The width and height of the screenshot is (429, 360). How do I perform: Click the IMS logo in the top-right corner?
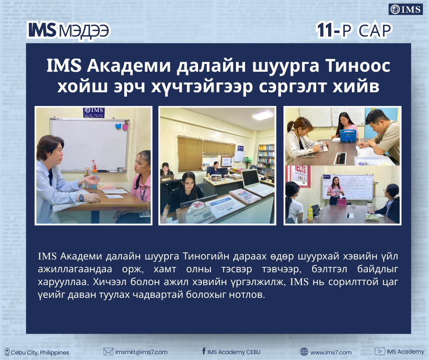(x=405, y=10)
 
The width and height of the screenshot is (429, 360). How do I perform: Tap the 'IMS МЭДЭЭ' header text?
(x=68, y=30)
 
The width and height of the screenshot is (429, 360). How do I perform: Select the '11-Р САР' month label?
(x=354, y=30)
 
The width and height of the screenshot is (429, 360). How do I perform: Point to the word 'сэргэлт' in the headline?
(x=293, y=87)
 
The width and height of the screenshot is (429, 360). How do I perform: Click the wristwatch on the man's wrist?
(x=81, y=197)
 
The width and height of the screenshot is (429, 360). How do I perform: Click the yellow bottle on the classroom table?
(x=310, y=214)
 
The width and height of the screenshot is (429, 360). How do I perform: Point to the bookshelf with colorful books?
(x=266, y=159)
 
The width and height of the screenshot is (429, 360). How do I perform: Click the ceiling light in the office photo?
(x=263, y=115)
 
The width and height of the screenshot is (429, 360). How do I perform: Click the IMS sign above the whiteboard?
(x=94, y=112)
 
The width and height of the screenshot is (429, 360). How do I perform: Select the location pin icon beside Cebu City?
(x=7, y=352)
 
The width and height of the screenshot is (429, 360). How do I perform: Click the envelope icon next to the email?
(x=108, y=351)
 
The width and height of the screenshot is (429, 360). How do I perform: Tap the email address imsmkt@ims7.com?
(x=141, y=352)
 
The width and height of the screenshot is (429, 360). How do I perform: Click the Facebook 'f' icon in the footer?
(x=204, y=351)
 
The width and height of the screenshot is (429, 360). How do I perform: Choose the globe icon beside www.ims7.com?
(x=304, y=351)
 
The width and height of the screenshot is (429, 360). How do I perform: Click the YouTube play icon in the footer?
(x=379, y=351)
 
